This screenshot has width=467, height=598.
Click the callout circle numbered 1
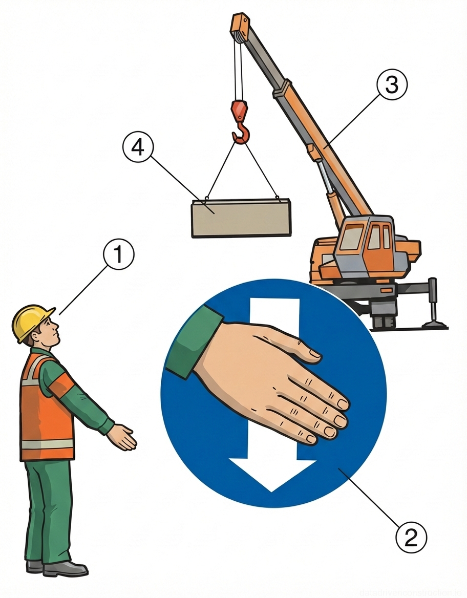[118, 254]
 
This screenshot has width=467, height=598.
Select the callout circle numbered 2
[411, 538]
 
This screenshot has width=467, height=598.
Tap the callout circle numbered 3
[392, 86]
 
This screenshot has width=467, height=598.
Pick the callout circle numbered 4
[138, 147]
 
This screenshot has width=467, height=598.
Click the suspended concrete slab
[241, 218]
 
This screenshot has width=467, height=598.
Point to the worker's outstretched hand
[123, 437]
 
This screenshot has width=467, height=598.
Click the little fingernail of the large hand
[310, 439]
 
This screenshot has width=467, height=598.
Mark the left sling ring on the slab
[206, 198]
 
